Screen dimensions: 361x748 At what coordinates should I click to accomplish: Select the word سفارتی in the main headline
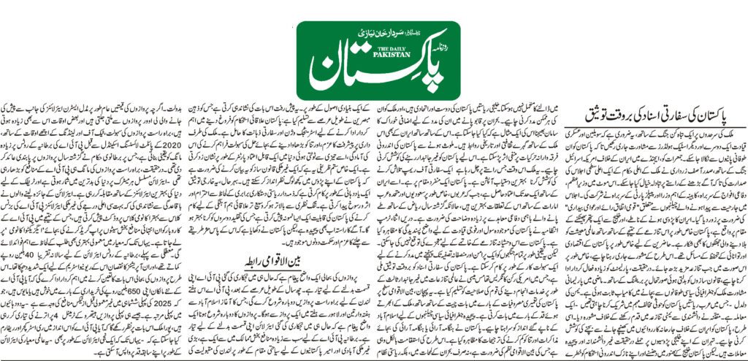(691, 115)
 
